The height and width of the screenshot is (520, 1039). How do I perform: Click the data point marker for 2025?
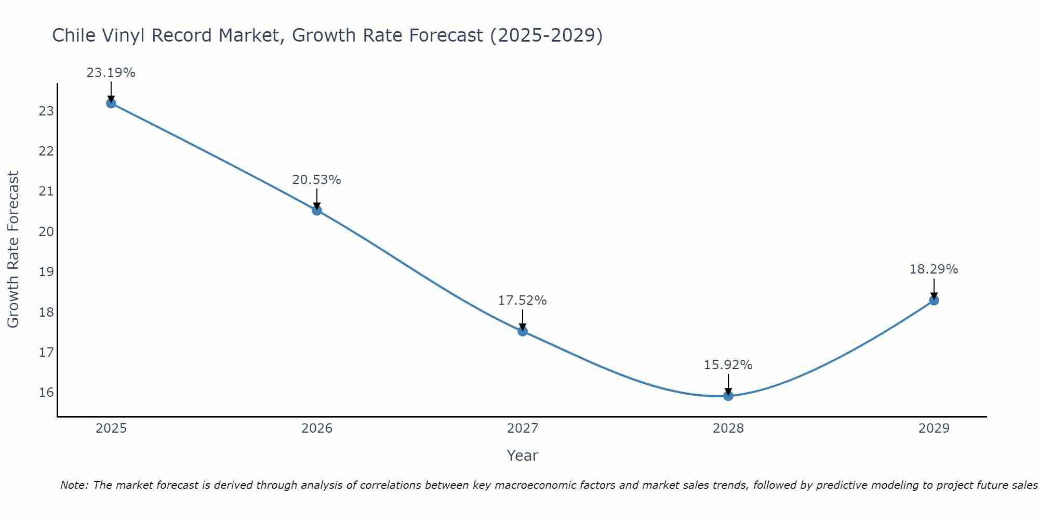pos(111,103)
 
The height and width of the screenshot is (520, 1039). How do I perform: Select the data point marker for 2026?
pos(317,210)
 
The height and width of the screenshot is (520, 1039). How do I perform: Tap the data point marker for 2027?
pos(523,331)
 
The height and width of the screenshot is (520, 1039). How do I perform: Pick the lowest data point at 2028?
pos(728,396)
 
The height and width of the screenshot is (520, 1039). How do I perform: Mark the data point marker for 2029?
pos(934,300)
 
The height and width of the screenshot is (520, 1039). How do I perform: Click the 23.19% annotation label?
pos(111,73)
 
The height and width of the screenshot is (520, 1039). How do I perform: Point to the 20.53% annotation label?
pos(316,180)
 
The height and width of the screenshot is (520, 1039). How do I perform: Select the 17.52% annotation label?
pos(522,301)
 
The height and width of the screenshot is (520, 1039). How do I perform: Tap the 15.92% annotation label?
pos(728,365)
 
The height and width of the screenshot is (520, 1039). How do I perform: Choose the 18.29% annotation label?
pos(934,269)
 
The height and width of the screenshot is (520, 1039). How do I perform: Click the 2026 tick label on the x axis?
pos(317,428)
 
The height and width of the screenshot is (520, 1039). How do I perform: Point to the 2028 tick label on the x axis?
pos(728,428)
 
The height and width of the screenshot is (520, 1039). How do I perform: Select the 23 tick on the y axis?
pos(46,111)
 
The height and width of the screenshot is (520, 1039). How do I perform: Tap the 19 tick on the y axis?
pos(46,272)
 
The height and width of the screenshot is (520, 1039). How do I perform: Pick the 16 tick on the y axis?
pos(46,393)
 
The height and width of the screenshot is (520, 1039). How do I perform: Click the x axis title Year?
pos(522,456)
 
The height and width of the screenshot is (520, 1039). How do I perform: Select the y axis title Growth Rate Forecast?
pos(13,249)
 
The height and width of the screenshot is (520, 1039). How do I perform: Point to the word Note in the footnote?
pos(74,485)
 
